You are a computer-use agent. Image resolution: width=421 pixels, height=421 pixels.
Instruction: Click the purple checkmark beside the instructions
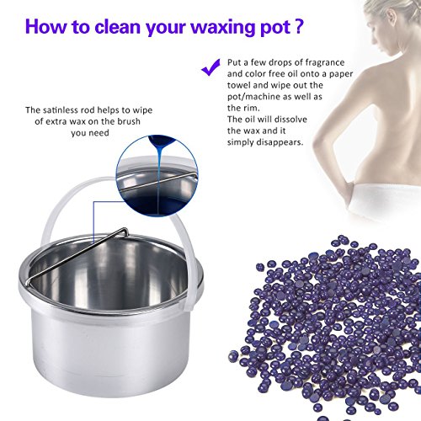click(210, 67)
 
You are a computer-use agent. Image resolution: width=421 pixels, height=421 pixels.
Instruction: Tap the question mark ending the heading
click(300, 26)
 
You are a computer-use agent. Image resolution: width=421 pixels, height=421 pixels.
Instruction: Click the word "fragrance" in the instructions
click(325, 62)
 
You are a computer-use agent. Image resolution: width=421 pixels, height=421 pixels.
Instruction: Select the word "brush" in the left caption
click(129, 121)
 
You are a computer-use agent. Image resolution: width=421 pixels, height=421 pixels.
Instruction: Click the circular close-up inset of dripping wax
click(157, 176)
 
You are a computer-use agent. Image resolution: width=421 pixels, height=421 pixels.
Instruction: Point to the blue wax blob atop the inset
click(161, 142)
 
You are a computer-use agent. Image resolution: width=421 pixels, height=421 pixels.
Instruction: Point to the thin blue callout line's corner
click(93, 202)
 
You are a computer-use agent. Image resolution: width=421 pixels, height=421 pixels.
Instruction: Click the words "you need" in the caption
click(90, 133)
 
